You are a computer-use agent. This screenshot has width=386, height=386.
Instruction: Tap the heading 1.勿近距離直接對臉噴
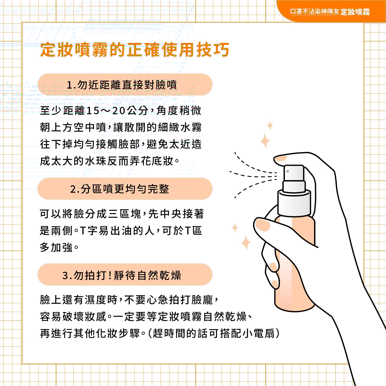[122, 85]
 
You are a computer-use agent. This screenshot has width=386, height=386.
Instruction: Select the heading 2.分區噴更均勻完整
[120, 189]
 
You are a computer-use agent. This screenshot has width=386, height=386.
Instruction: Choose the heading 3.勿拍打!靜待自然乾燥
[121, 275]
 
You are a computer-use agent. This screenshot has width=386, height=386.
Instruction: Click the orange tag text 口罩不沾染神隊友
[314, 12]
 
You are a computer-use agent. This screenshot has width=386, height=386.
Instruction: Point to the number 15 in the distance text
[93, 111]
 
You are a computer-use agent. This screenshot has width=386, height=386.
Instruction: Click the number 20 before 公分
[119, 111]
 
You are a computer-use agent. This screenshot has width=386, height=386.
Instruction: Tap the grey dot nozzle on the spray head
[288, 171]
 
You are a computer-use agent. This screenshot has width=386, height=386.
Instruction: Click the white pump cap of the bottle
[294, 190]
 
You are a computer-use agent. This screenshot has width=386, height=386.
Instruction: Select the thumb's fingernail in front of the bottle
[263, 225]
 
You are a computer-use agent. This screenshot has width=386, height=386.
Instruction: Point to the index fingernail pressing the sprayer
[281, 159]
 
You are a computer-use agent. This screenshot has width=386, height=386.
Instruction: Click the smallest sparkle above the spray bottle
[270, 125]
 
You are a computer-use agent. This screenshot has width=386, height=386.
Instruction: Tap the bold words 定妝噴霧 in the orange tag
[355, 12]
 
